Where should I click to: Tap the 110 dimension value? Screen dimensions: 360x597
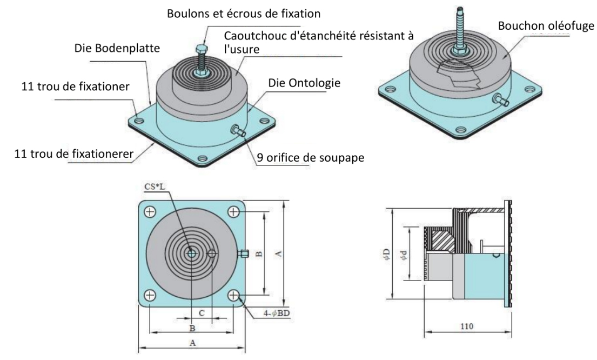(466, 326)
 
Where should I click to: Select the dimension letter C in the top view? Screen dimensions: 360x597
(202, 312)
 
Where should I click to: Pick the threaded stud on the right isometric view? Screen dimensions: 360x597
(461, 27)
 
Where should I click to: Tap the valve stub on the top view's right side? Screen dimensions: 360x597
(243, 252)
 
